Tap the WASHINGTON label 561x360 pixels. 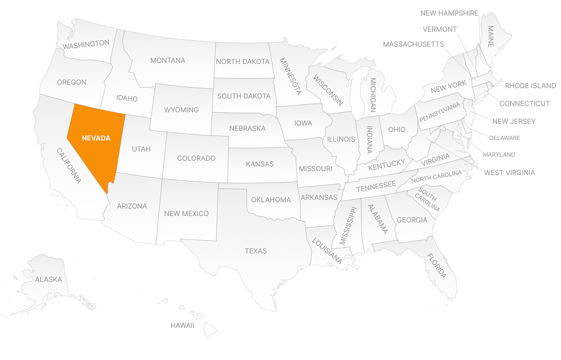tap(86, 44)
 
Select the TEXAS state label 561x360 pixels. tap(256, 251)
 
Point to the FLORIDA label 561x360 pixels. tap(437, 266)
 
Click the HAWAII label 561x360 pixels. tap(182, 325)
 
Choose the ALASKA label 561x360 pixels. tap(48, 279)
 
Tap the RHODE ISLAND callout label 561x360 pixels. tap(530, 86)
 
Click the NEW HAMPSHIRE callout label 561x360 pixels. tap(449, 13)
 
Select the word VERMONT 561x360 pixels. tap(439, 29)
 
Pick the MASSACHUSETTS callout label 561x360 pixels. tap(413, 44)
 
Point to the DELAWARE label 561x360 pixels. tap(504, 138)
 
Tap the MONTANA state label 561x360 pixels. tap(168, 60)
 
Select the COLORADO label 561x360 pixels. tap(196, 158)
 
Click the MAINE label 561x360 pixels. tap(491, 36)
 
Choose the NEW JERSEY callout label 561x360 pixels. tap(514, 121)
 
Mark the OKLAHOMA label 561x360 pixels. tap(271, 200)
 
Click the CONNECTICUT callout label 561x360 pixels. tap(524, 104)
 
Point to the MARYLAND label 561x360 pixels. tap(499, 154)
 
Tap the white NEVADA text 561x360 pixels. tap(96, 138)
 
